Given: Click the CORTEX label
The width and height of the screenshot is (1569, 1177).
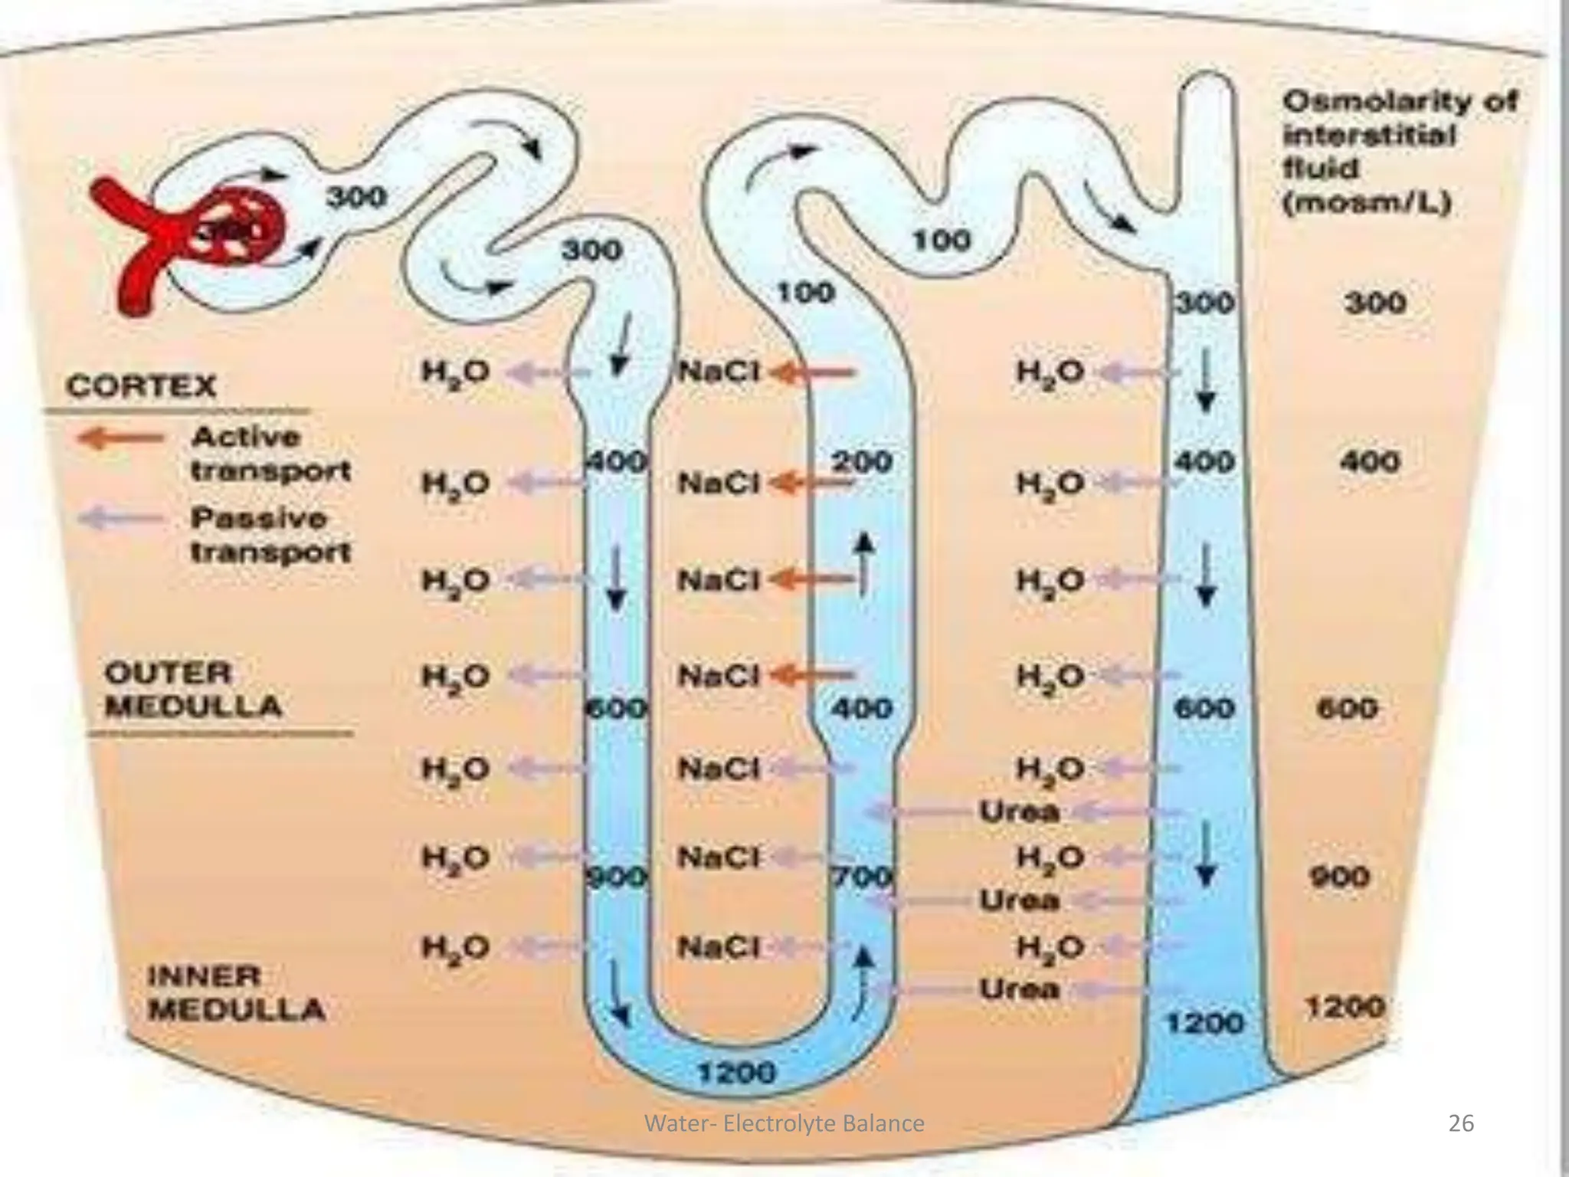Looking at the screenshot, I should pos(142,385).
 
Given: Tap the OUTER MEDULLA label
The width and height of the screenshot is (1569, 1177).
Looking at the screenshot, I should pos(192,690).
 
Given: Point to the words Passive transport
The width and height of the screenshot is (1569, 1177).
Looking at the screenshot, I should pos(270,535).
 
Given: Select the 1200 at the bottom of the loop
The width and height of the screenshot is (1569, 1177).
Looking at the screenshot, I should pos(735,1074).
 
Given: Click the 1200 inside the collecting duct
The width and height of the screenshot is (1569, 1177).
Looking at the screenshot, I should pos(1204,1022).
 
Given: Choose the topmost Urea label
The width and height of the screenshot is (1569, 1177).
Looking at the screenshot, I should pos(1020,811).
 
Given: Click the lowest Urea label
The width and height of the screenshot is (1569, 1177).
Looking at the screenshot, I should pos(1020,989).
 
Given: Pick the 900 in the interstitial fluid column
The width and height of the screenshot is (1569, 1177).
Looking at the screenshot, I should pos(1338,876).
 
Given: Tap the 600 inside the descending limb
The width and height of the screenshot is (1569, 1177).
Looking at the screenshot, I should pos(617,707).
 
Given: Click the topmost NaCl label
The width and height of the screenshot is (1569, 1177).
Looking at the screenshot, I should pos(718,372).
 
